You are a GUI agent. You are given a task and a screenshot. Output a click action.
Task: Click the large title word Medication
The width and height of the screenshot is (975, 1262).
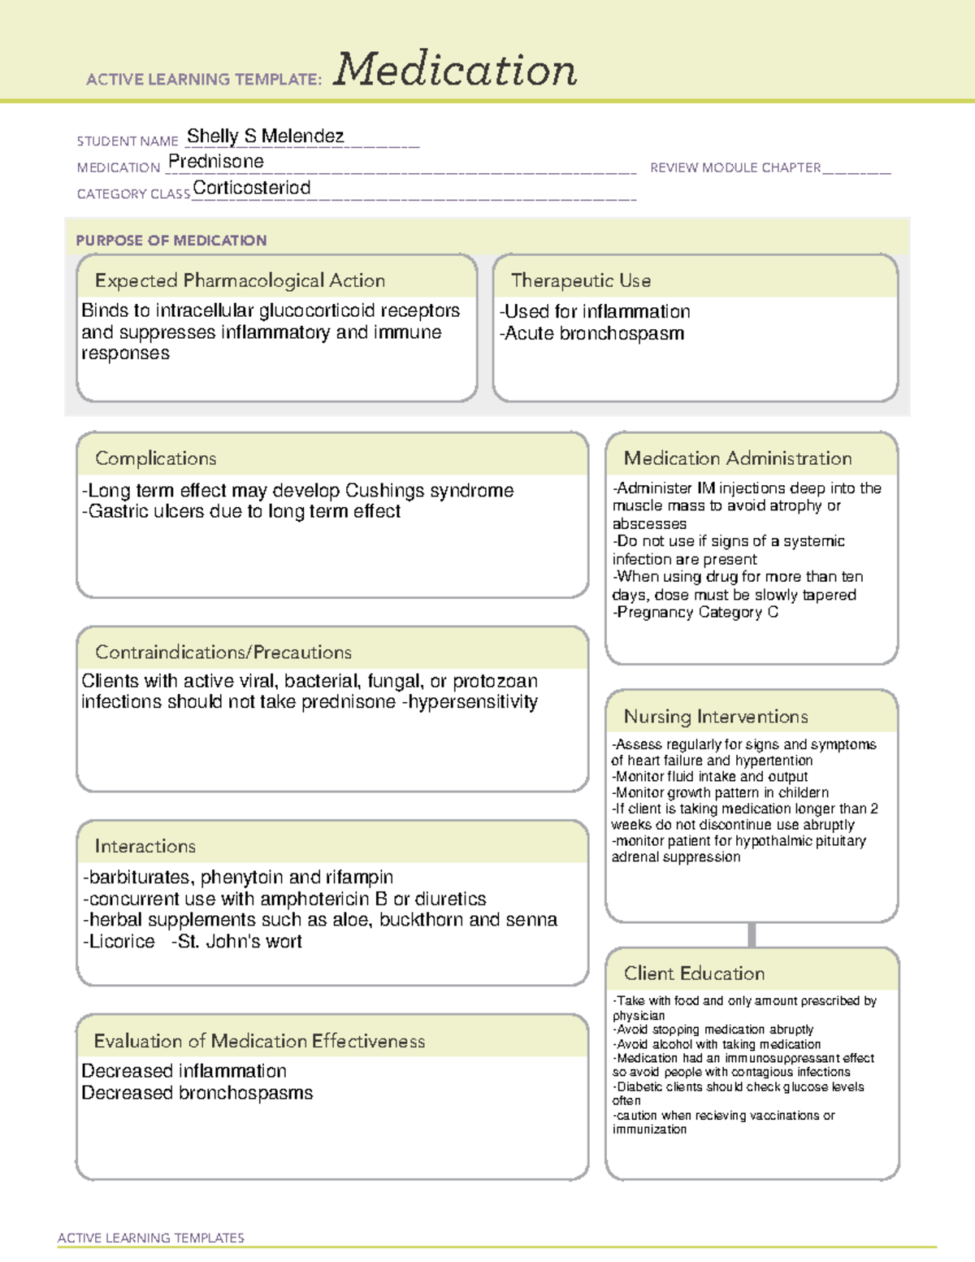tap(454, 70)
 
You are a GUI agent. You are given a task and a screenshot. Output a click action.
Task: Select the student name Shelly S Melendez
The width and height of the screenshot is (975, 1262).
tap(265, 137)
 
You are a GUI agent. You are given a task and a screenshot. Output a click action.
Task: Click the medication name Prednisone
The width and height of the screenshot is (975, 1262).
tap(215, 162)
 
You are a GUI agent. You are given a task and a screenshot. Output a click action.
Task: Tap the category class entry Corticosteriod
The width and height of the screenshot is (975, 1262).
tap(251, 188)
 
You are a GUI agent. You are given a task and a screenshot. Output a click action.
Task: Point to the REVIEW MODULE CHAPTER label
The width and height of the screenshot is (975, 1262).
tap(734, 167)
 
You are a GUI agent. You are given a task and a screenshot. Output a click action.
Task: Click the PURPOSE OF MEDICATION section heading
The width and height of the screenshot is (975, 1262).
tap(171, 241)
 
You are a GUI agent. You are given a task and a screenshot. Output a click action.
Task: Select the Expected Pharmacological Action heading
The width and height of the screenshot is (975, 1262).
tap(240, 280)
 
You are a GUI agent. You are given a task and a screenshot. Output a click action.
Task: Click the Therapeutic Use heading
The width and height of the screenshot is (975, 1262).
tap(580, 280)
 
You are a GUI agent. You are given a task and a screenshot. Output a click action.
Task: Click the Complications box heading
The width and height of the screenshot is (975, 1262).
tap(155, 458)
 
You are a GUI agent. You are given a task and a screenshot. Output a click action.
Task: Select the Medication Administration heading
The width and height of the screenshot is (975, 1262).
tap(737, 458)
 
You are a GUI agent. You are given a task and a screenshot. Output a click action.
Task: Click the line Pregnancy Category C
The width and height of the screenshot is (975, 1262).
tap(696, 612)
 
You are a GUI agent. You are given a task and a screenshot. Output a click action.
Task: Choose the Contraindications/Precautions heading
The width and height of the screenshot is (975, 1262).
tap(223, 652)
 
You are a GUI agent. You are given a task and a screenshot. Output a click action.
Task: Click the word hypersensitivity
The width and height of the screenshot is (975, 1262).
tap(471, 702)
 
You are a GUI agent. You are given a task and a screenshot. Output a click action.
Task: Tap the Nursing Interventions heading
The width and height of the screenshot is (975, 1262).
tap(715, 716)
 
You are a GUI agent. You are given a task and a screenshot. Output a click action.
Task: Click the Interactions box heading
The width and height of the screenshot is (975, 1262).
tap(145, 846)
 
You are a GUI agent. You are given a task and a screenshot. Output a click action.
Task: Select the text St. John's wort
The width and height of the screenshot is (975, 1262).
tap(237, 941)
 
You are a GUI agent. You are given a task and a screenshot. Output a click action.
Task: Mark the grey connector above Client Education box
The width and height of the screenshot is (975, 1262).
tap(752, 935)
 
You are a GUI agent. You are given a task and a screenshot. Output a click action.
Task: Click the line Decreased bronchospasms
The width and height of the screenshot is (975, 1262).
tap(197, 1093)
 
